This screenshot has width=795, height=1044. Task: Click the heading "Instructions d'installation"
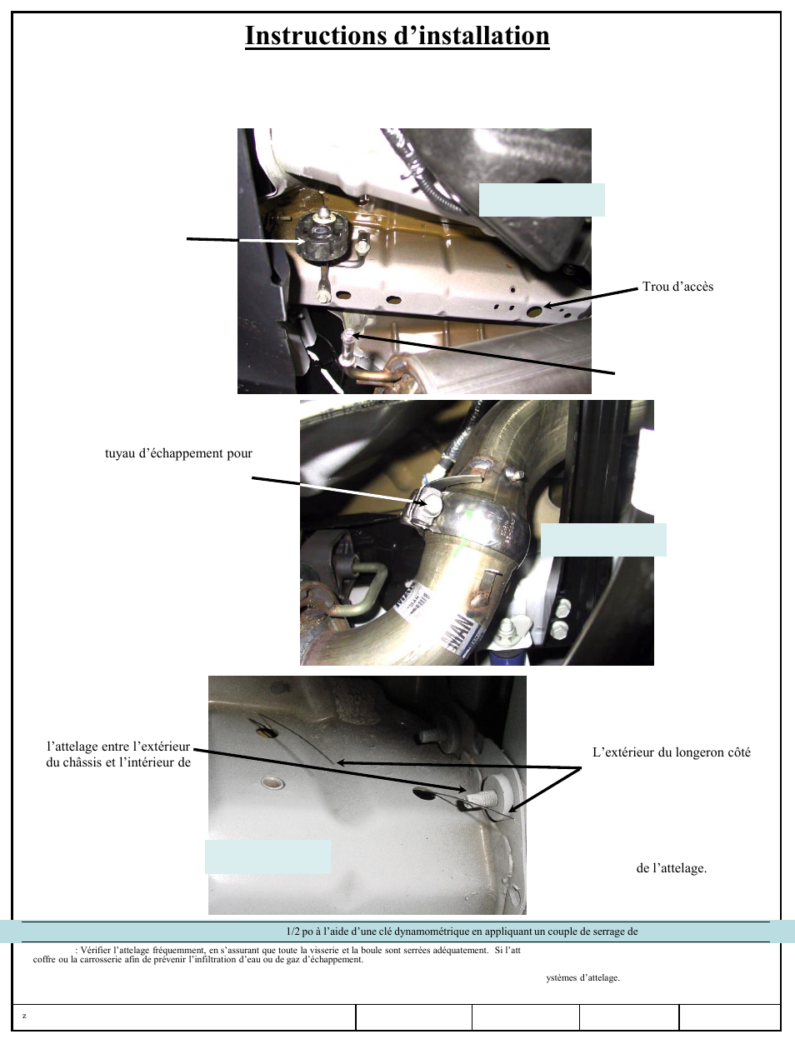click(x=397, y=36)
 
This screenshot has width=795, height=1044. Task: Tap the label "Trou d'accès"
click(x=677, y=287)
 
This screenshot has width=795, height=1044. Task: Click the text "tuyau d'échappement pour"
click(x=178, y=453)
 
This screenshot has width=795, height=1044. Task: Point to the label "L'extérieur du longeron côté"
click(x=672, y=752)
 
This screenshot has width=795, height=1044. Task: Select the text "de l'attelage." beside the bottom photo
click(x=672, y=868)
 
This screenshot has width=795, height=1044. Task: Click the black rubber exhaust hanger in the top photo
click(x=322, y=237)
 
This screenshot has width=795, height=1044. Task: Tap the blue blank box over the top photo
click(x=542, y=200)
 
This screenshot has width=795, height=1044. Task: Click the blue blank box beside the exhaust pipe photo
click(x=603, y=540)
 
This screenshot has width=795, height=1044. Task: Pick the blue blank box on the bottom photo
click(x=267, y=857)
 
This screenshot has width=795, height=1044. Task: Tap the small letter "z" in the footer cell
click(x=24, y=1016)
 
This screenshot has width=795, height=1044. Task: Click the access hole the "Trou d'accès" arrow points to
click(x=534, y=311)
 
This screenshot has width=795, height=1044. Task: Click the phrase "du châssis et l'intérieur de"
click(x=118, y=762)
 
